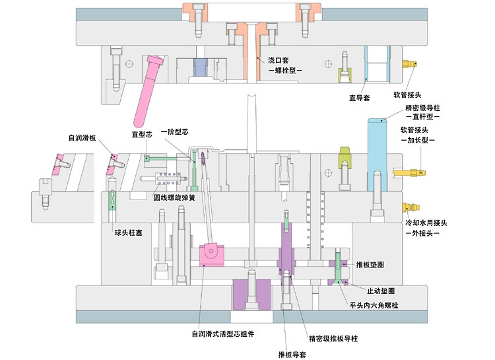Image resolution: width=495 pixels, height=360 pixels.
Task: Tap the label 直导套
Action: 359,97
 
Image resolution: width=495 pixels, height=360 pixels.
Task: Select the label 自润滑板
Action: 82,138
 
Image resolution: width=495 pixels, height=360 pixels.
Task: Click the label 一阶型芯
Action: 175,132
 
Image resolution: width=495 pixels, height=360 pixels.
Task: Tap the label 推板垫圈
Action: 370,264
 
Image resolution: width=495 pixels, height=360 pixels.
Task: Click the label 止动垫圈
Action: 381,291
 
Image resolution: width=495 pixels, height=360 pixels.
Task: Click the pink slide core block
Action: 213,254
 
